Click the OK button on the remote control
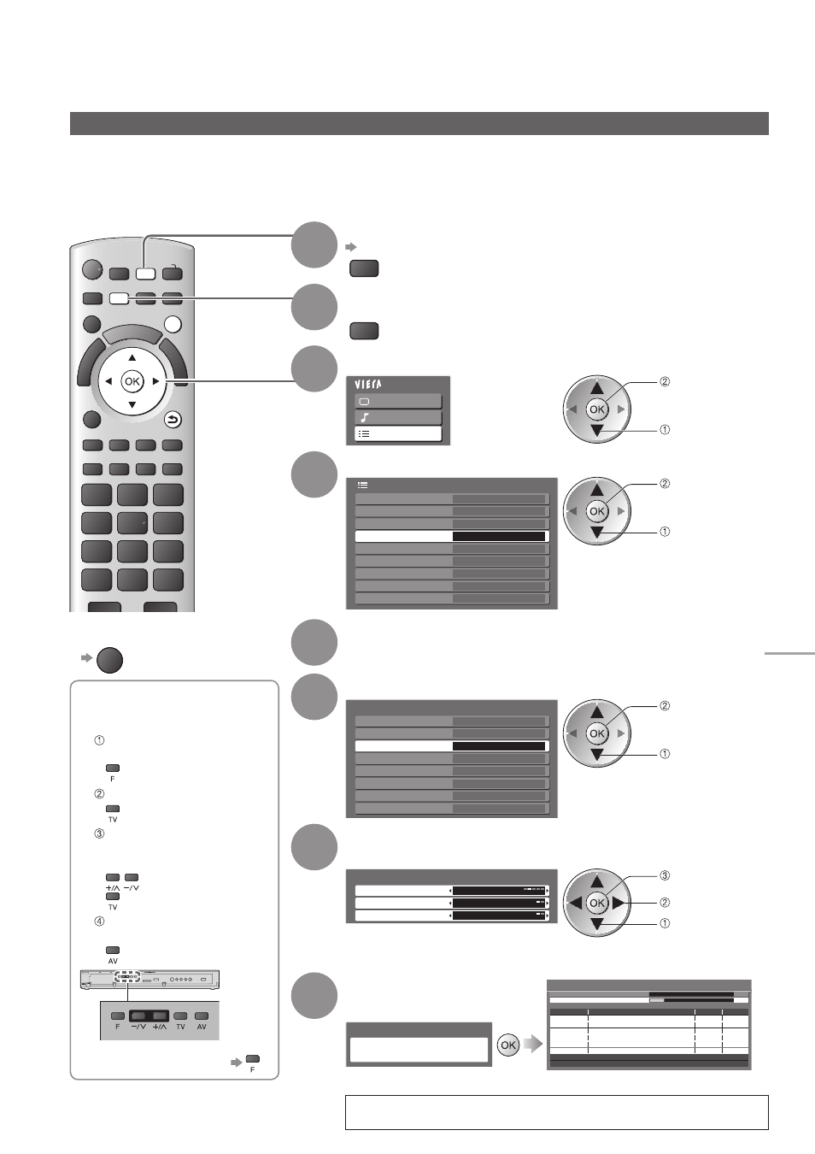[132, 381]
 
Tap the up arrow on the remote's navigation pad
[132, 357]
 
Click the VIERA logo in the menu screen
[368, 385]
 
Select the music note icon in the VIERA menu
[365, 417]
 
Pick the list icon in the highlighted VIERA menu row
[363, 433]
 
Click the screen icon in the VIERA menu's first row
[364, 402]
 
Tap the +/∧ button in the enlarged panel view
[160, 1016]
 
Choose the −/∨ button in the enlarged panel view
[139, 1016]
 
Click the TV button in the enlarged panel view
[180, 1016]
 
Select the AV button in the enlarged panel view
[202, 1016]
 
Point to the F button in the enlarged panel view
[118, 1016]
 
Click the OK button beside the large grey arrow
[508, 1045]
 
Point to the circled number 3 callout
[665, 875]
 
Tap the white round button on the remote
[173, 325]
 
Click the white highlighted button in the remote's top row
[146, 273]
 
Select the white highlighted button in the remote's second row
[119, 298]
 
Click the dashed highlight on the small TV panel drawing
[127, 976]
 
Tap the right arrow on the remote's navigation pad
[156, 382]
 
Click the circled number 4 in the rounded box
[99, 921]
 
